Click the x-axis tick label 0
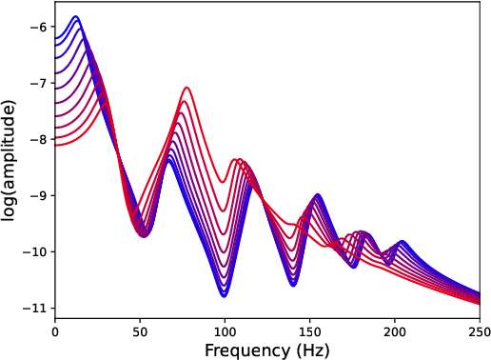(x=55, y=332)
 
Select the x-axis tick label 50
(x=140, y=332)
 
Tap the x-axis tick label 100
(x=225, y=332)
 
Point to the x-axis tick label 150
(x=310, y=332)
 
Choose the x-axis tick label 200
(x=395, y=332)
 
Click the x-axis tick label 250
(x=480, y=332)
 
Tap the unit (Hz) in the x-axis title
(x=313, y=350)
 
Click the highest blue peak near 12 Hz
(x=76, y=17)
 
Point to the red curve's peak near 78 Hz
(x=187, y=88)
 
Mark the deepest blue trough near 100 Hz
(x=225, y=295)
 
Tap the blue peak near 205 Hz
(x=403, y=242)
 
